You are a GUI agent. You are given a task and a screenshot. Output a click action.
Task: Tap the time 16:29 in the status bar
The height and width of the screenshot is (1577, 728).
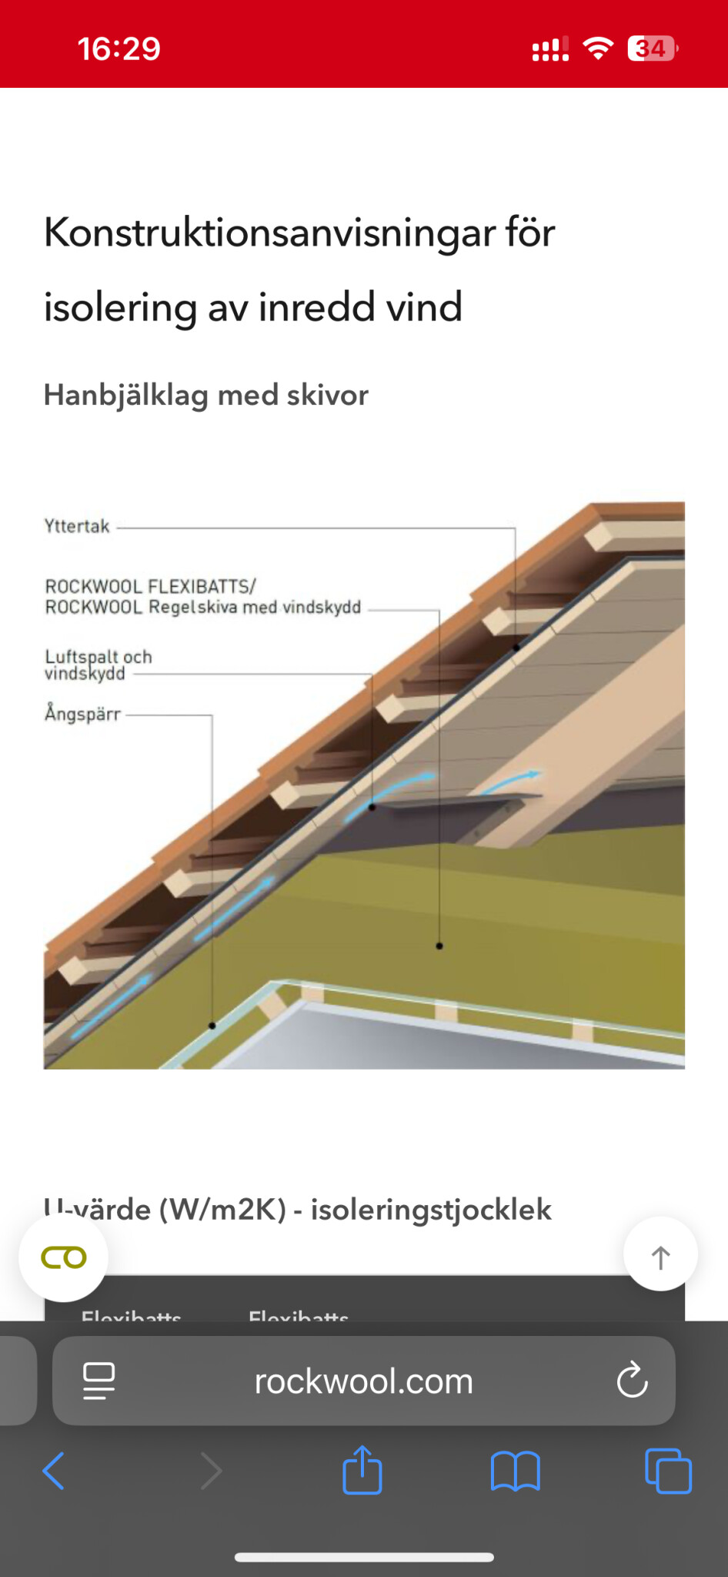click(x=119, y=49)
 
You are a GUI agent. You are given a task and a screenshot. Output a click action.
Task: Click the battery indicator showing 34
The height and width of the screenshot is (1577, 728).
click(x=652, y=49)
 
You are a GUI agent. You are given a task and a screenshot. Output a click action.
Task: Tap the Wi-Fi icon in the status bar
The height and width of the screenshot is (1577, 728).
click(x=598, y=48)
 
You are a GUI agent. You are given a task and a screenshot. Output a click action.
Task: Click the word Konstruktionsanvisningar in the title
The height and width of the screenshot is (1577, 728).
click(x=269, y=233)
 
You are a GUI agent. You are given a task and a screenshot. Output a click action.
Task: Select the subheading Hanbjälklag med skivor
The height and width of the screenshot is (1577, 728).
click(x=205, y=395)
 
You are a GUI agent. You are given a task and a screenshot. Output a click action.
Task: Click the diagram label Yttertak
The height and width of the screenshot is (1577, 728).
click(x=77, y=527)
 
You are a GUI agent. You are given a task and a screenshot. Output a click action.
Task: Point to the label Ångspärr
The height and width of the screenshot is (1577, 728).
click(x=83, y=714)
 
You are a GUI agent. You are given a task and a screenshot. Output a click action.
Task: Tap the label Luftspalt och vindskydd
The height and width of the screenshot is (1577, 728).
click(x=98, y=665)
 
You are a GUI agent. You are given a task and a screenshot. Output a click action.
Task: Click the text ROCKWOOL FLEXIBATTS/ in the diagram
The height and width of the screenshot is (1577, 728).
click(x=150, y=587)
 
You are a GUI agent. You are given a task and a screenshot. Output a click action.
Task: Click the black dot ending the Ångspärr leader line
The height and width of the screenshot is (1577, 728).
click(x=212, y=1026)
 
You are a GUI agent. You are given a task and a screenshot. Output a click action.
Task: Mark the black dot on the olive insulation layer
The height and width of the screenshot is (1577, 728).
click(x=439, y=946)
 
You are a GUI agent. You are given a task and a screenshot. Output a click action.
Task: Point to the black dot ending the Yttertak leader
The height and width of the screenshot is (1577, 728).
click(x=516, y=648)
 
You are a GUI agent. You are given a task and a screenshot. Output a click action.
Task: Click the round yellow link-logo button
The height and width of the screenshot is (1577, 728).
click(x=64, y=1257)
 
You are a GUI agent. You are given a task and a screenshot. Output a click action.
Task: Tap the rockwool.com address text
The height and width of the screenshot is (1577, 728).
click(x=363, y=1381)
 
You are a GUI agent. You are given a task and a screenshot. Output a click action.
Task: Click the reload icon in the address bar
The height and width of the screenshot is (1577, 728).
click(x=632, y=1381)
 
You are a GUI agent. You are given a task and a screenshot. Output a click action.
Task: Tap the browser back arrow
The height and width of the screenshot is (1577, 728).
click(x=53, y=1472)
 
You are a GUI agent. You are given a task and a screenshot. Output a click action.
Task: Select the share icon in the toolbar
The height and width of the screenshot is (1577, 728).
click(x=362, y=1470)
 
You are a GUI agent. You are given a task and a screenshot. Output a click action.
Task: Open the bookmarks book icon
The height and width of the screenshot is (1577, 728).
click(x=515, y=1472)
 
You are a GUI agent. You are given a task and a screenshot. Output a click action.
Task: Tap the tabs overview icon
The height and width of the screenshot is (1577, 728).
click(x=668, y=1472)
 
